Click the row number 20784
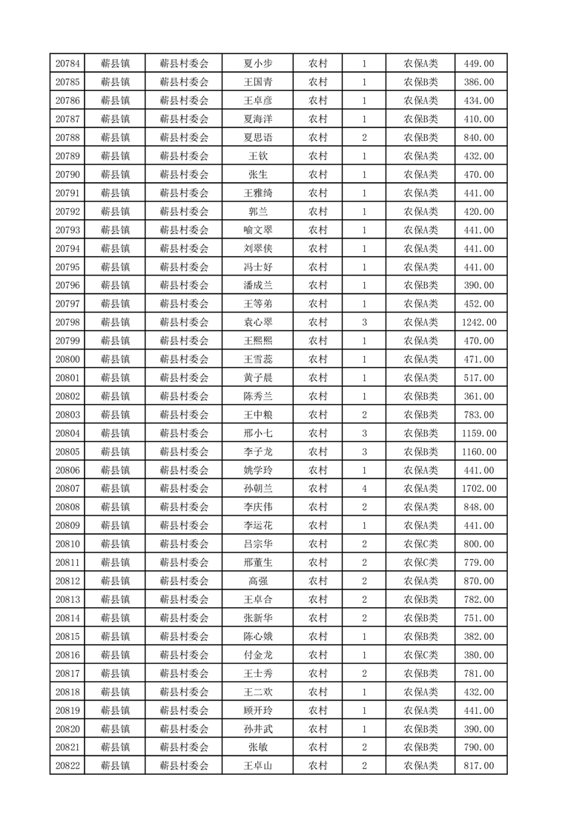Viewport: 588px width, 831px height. tap(68, 64)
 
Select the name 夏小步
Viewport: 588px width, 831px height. tap(257, 64)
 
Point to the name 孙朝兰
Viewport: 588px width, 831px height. tap(257, 488)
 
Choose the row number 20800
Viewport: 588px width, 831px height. tap(68, 359)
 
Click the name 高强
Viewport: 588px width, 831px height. tap(257, 581)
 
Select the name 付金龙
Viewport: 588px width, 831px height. tap(257, 655)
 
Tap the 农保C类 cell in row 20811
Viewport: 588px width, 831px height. tap(420, 562)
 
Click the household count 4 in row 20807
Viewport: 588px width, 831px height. tap(364, 488)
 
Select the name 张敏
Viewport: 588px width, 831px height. tap(257, 747)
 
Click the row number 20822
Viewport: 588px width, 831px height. tap(68, 765)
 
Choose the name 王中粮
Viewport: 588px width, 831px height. tap(257, 415)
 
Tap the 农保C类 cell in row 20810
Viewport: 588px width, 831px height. tap(420, 544)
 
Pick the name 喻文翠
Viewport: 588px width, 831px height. tap(257, 230)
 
